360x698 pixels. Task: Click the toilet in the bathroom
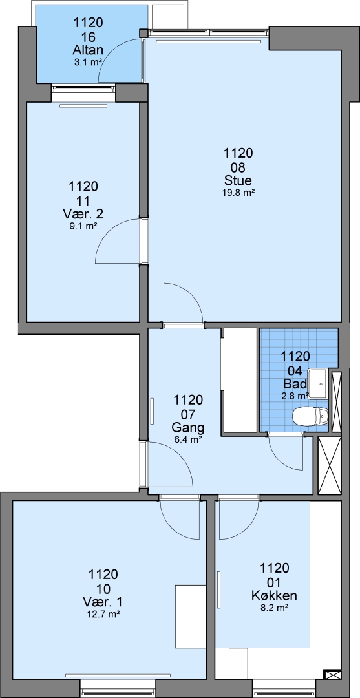pyautogui.click(x=310, y=417)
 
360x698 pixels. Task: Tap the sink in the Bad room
pyautogui.click(x=319, y=383)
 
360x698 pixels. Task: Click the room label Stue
pyautogui.click(x=238, y=181)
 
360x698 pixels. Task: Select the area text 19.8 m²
pyautogui.click(x=238, y=193)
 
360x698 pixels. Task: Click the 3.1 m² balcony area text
pyautogui.click(x=87, y=63)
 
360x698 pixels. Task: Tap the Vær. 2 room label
pyautogui.click(x=83, y=214)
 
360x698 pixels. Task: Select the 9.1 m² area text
pyautogui.click(x=83, y=226)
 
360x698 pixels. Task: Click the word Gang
pyautogui.click(x=188, y=428)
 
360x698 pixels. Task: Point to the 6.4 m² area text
pyautogui.click(x=188, y=440)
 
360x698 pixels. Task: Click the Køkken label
pyautogui.click(x=275, y=596)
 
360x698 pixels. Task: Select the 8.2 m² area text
pyautogui.click(x=275, y=607)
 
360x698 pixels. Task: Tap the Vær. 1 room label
pyautogui.click(x=103, y=602)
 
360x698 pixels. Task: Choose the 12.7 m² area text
pyautogui.click(x=103, y=614)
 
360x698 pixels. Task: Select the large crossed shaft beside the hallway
pyautogui.click(x=330, y=465)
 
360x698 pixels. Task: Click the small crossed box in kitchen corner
pyautogui.click(x=332, y=675)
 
